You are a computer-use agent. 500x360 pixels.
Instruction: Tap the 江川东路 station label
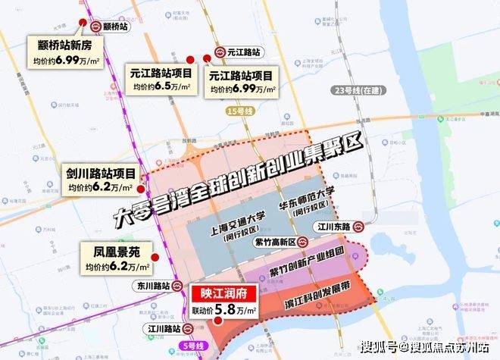335,226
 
